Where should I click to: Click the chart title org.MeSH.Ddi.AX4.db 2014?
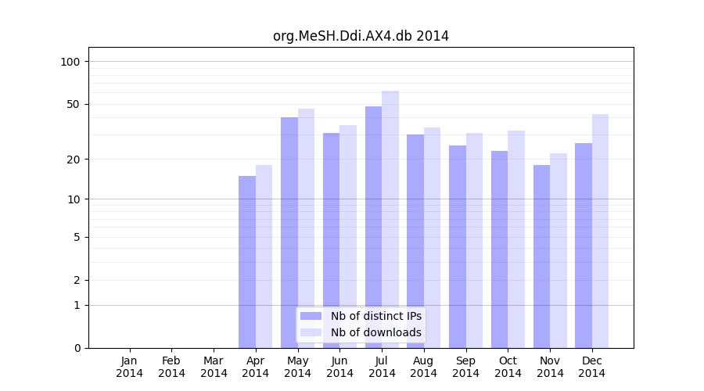[361, 36]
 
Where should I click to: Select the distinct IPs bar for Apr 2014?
[247, 262]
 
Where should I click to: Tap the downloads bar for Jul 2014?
[390, 219]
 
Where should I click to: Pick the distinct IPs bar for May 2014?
[289, 232]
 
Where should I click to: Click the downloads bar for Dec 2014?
[600, 231]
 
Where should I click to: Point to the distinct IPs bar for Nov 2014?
[541, 256]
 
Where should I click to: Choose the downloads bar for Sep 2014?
[474, 240]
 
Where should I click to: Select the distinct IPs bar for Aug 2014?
[415, 241]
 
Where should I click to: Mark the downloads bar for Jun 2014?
[348, 236]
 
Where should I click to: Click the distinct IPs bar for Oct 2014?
[499, 249]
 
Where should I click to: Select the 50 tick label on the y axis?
[74, 104]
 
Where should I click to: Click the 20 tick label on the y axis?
[74, 160]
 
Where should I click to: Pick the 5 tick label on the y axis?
[77, 237]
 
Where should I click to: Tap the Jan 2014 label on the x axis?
[130, 367]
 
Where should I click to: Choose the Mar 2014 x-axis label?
[214, 367]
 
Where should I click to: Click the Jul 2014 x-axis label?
[382, 367]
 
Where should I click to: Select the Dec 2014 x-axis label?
[592, 367]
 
